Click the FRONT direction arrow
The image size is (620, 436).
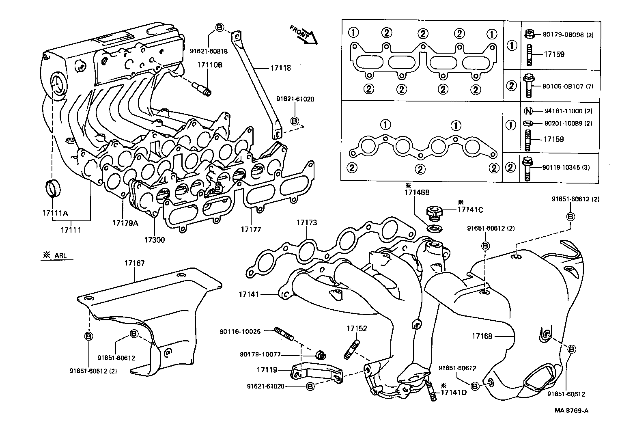point(304,35)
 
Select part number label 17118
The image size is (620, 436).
point(281,68)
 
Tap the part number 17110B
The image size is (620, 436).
point(210,65)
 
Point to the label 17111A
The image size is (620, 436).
point(55,213)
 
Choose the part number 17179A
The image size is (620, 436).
point(125,222)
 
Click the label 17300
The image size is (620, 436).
point(154,240)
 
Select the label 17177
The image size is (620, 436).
point(251,229)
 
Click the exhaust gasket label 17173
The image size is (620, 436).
point(306,222)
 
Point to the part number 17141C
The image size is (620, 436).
point(470,210)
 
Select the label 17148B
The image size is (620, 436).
point(416,193)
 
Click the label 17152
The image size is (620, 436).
point(356,328)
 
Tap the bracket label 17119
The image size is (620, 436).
point(267,370)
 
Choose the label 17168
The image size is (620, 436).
point(482,336)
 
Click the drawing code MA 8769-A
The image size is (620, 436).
point(572,410)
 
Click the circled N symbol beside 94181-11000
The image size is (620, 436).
point(528,111)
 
